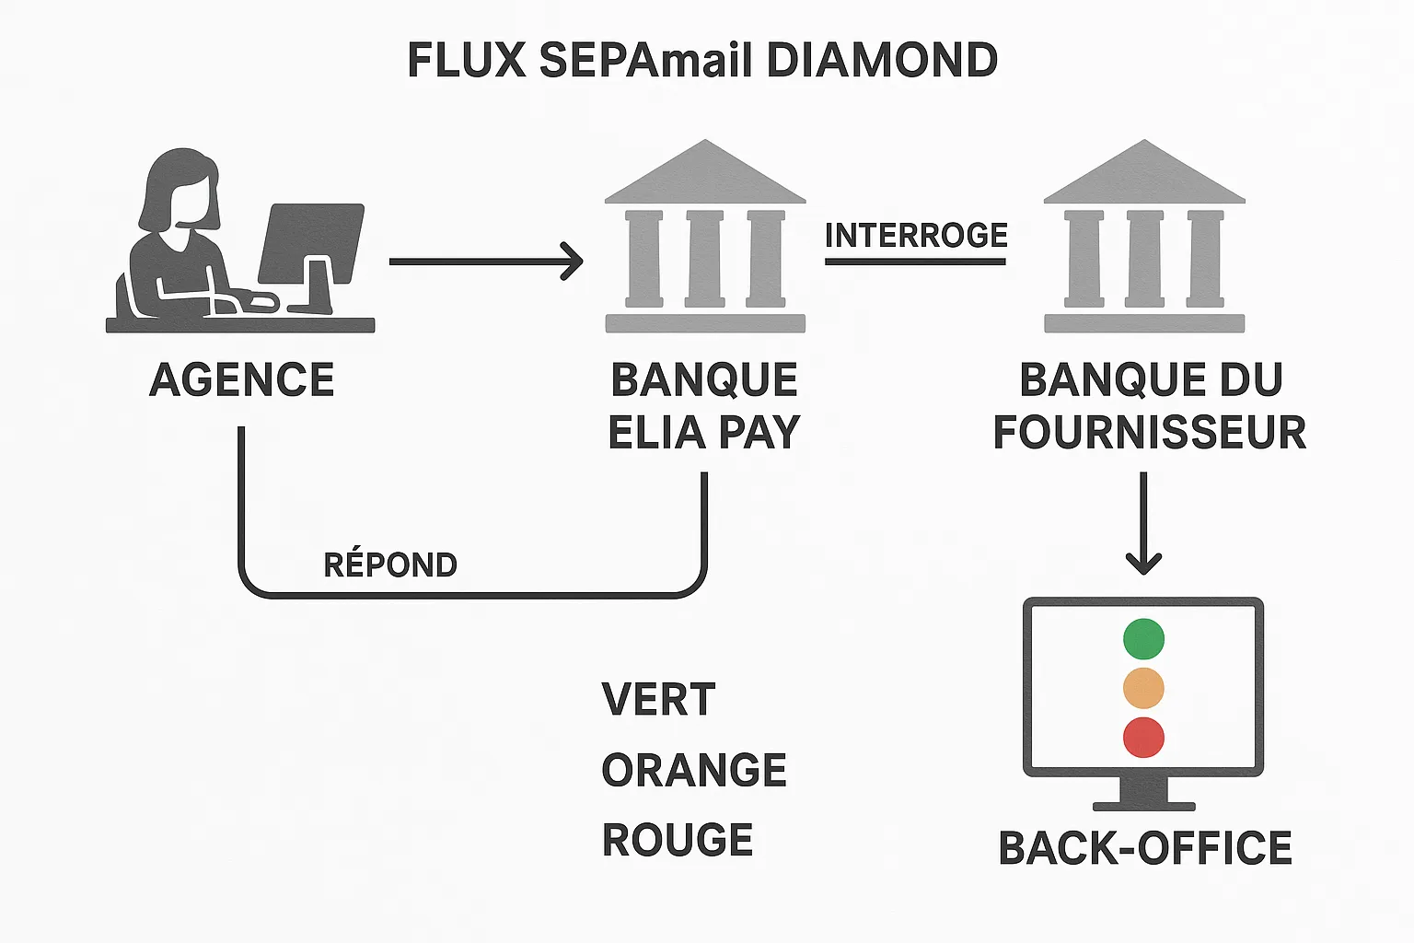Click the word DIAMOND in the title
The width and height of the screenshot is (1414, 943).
click(882, 61)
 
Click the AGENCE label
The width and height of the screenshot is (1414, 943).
click(241, 379)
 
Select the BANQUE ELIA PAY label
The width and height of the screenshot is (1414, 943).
click(704, 406)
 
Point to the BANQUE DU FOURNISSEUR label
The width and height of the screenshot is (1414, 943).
click(1149, 406)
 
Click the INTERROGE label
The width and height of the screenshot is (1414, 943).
click(916, 236)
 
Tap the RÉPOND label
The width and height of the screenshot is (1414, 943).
click(390, 565)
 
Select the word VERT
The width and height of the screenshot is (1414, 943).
click(658, 700)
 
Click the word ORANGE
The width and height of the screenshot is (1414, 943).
click(694, 770)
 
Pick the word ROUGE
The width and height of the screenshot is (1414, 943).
click(678, 840)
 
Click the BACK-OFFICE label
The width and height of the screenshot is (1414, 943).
click(1145, 848)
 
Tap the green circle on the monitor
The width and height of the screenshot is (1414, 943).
click(1143, 639)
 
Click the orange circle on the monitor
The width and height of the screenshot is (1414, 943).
click(1143, 688)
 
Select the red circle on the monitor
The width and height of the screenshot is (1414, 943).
click(1143, 738)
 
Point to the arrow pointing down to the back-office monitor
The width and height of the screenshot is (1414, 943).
click(1143, 525)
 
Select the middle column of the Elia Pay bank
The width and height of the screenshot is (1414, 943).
click(705, 259)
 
